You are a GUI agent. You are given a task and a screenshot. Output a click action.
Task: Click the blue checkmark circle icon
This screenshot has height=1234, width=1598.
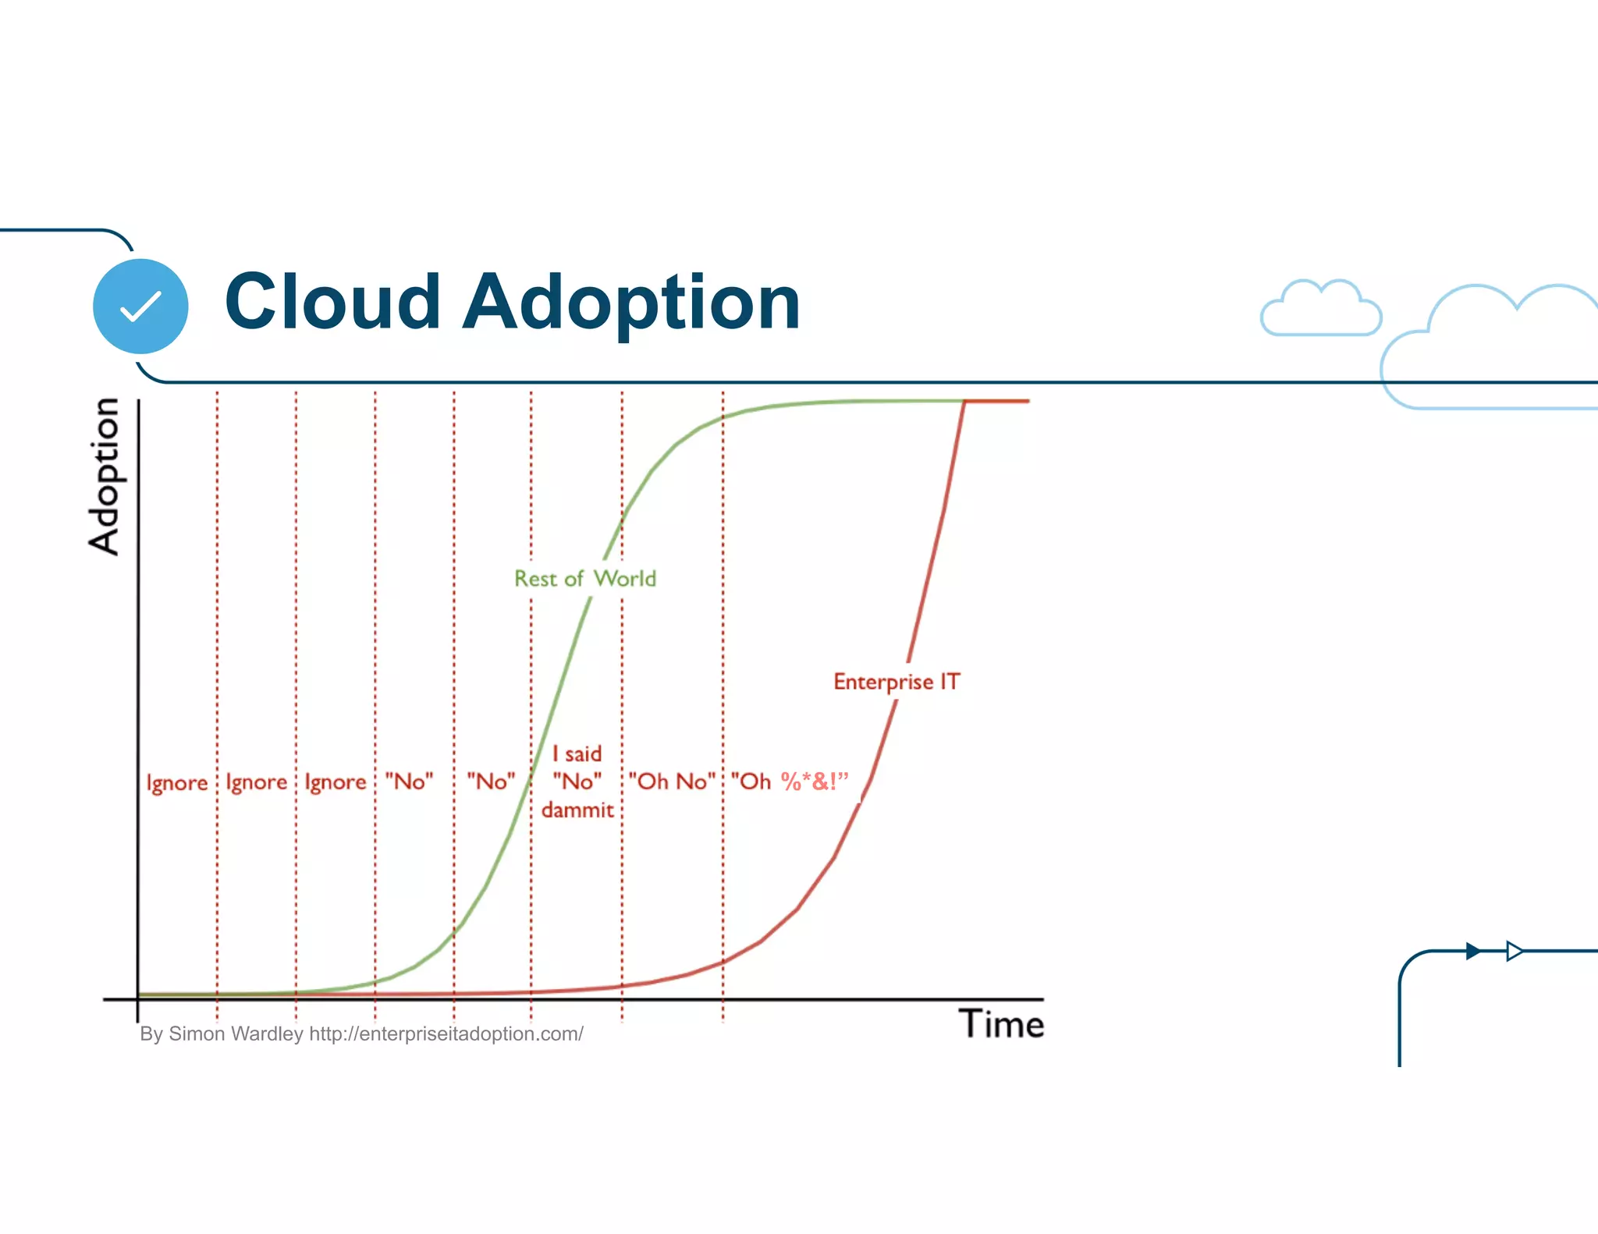tap(140, 306)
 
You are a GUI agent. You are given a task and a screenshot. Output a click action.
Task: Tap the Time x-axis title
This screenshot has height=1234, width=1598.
tap(1001, 1024)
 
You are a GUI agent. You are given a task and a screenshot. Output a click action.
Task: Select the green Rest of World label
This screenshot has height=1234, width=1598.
tap(584, 579)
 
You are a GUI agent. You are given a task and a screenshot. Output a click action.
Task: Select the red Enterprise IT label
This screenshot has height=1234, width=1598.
tap(897, 682)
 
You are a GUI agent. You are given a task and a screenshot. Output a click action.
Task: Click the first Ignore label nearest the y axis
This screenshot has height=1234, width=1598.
tap(177, 782)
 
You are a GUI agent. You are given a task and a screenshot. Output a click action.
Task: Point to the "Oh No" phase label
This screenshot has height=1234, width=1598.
tap(672, 782)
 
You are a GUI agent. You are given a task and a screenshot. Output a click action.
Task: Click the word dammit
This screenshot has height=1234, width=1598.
tap(577, 810)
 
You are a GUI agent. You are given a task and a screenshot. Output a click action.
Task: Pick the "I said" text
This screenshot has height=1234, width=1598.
tap(577, 754)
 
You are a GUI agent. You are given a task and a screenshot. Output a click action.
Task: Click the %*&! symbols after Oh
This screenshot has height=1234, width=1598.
tap(814, 781)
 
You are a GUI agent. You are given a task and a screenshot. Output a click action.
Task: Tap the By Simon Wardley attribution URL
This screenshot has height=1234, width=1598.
tap(446, 1034)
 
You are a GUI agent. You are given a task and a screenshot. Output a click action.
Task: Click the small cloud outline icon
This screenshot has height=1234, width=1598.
tap(1320, 310)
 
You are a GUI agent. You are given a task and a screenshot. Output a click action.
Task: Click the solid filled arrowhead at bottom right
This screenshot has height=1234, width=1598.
tap(1473, 951)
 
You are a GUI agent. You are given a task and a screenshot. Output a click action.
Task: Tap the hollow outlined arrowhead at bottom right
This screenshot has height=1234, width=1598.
tap(1514, 951)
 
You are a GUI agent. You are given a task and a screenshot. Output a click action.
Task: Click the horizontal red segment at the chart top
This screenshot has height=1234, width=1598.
tap(997, 401)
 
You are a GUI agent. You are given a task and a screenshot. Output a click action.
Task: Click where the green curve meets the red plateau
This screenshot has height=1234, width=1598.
tap(964, 401)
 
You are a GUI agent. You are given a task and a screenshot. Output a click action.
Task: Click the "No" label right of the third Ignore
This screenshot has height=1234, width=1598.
tap(409, 782)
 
